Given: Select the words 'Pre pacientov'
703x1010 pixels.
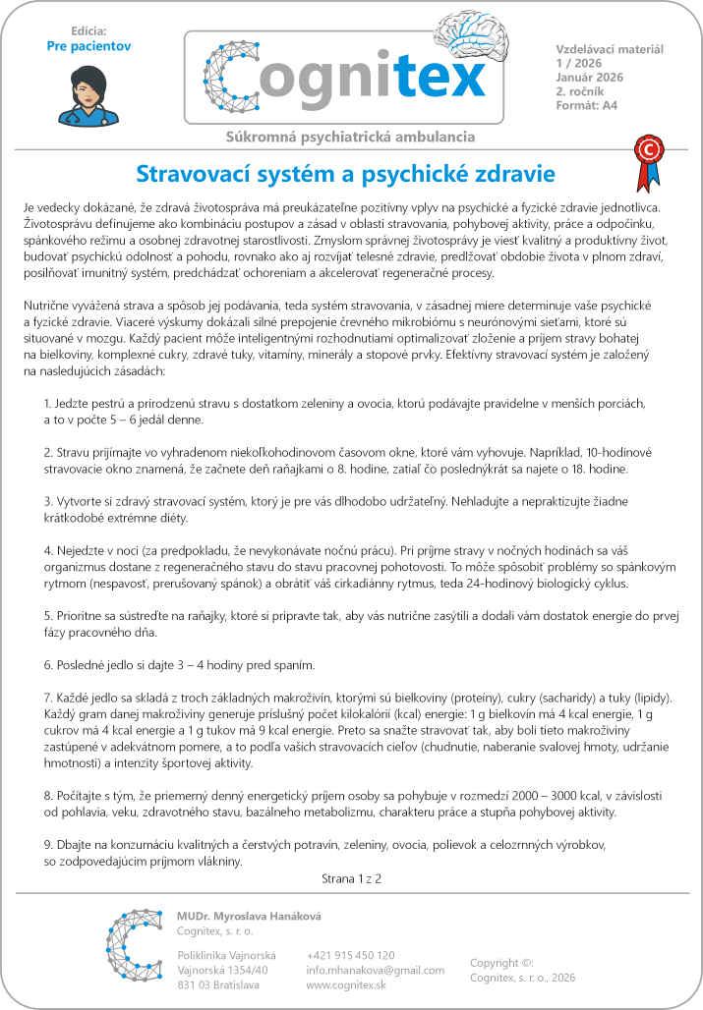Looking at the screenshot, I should (x=88, y=45).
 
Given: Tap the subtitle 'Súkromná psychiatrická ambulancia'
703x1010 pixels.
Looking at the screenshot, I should (x=351, y=137).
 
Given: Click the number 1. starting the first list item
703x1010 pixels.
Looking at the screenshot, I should (x=48, y=404).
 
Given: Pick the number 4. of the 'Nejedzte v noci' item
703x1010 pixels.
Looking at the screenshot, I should (x=48, y=552).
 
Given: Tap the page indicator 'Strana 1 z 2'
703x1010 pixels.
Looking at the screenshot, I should (x=351, y=877).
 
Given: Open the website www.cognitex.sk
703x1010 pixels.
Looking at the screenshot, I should (x=345, y=984).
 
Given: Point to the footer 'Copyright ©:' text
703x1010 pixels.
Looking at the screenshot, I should (x=501, y=963).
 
